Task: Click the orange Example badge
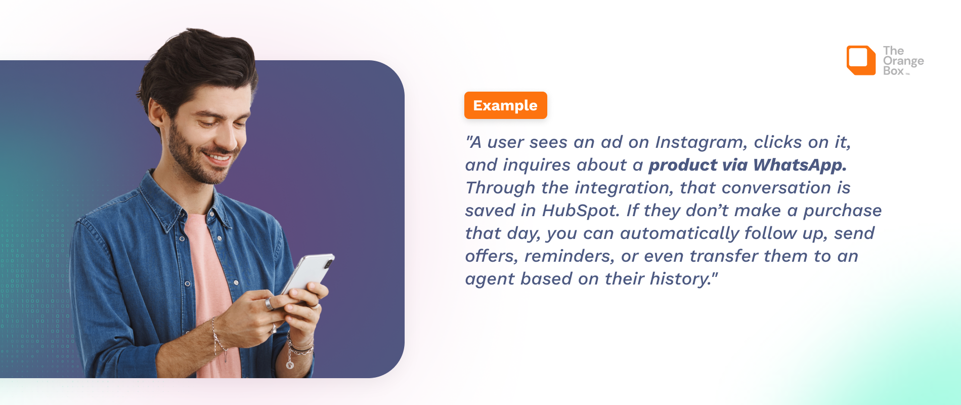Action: point(505,105)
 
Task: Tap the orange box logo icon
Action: point(861,60)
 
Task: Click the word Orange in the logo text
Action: point(903,61)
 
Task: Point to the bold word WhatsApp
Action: point(800,165)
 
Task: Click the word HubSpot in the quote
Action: point(581,211)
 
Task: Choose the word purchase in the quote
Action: point(843,211)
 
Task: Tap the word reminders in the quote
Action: point(570,256)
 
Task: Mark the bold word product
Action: point(683,166)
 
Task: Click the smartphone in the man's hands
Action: point(308,276)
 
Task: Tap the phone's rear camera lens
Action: point(328,264)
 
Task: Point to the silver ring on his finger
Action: point(270,304)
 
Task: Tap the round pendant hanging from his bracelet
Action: point(290,364)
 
